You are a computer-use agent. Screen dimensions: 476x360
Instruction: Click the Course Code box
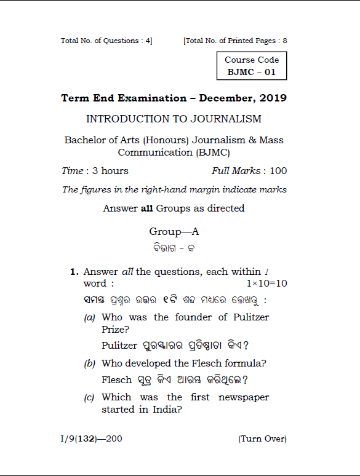click(252, 66)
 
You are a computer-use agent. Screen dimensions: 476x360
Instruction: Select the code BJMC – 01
click(252, 72)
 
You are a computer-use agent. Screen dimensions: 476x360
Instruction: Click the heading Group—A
click(174, 232)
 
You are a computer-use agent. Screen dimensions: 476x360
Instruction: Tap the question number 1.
click(74, 272)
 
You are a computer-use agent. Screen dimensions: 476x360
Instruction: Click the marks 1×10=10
click(266, 284)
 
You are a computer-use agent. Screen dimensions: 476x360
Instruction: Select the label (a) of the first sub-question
click(90, 318)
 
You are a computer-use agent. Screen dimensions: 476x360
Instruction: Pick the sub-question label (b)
click(90, 364)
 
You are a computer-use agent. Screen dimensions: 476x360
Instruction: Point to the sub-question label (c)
click(90, 398)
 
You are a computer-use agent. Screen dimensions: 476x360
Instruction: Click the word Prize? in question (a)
click(115, 329)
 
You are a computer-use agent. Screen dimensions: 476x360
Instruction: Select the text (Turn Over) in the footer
click(262, 439)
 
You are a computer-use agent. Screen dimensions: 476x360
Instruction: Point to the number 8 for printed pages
click(285, 41)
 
